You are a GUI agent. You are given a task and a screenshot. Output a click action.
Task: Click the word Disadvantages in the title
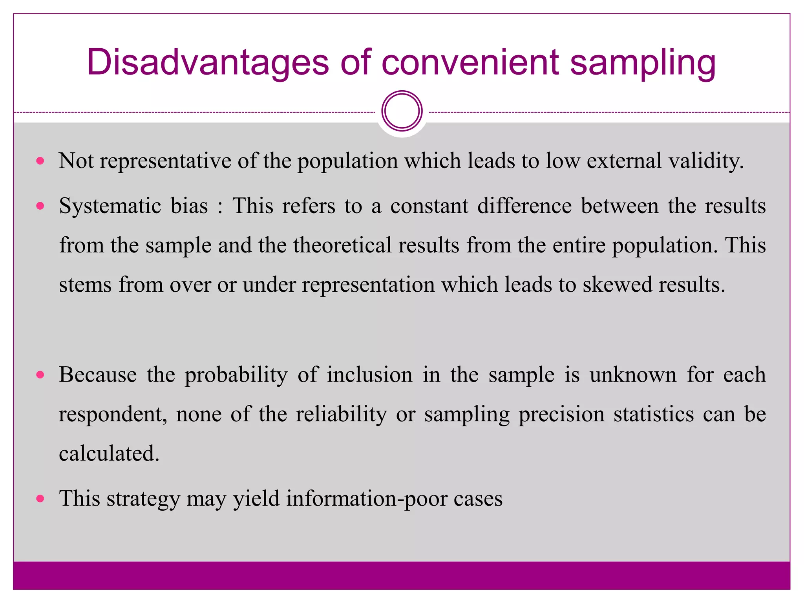tap(208, 63)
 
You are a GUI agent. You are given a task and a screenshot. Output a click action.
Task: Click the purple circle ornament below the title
tap(402, 111)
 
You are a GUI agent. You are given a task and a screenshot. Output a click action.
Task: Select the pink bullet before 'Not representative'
tap(40, 161)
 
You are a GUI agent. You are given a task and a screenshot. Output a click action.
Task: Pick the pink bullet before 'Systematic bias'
tap(40, 206)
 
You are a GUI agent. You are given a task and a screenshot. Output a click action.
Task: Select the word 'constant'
tap(429, 206)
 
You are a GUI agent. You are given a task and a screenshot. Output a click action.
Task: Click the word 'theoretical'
tap(342, 245)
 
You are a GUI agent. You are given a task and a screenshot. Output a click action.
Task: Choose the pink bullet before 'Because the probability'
tap(40, 375)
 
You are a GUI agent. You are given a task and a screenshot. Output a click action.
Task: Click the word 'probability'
tap(236, 375)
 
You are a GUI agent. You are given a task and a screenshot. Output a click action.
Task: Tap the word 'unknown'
tap(633, 375)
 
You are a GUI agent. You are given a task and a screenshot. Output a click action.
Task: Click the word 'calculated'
tap(108, 453)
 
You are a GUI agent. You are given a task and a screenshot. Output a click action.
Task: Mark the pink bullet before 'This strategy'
tap(40, 499)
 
